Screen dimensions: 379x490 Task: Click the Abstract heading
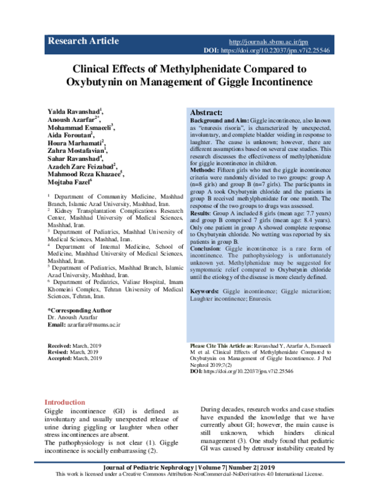click(210, 111)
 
